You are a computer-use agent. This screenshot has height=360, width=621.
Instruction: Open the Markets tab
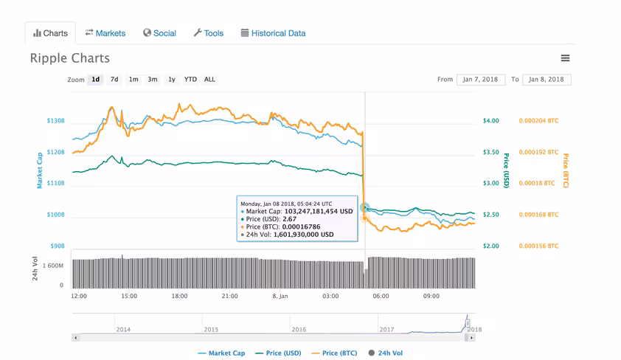105,33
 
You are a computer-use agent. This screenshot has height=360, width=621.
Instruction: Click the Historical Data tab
274,33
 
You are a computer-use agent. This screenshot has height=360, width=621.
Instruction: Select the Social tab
159,33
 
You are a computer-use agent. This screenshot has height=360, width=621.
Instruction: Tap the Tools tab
209,33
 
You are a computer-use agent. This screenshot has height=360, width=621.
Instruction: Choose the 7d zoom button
114,79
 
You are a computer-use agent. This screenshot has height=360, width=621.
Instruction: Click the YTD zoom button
190,79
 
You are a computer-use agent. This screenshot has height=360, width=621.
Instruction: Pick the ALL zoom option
209,79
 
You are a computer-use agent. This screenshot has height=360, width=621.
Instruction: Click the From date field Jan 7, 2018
481,79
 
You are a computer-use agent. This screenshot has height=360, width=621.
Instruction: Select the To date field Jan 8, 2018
547,79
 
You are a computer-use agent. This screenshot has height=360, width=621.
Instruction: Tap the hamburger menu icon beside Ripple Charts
565,58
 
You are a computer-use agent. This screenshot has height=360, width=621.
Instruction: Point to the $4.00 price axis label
490,121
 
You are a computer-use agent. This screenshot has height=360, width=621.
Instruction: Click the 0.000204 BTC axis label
538,121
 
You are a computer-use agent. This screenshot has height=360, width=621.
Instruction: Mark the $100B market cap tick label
55,215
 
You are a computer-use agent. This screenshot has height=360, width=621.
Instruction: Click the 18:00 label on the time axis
179,296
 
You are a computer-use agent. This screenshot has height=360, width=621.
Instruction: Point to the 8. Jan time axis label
280,296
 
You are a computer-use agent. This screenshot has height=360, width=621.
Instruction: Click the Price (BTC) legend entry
334,353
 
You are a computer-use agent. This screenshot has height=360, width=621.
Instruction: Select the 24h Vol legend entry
385,353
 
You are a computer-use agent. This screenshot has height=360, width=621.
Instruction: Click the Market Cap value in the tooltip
319,212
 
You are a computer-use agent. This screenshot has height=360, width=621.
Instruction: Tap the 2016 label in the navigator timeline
299,330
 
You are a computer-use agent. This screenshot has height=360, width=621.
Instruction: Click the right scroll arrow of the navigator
471,338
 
